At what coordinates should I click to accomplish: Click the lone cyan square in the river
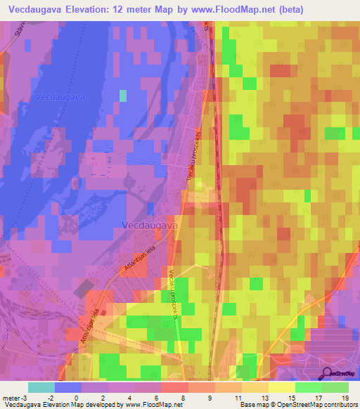123,96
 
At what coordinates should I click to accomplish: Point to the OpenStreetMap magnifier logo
327,373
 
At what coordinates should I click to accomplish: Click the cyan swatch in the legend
41,387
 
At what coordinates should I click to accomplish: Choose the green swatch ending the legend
335,387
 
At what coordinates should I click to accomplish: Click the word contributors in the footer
340,405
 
